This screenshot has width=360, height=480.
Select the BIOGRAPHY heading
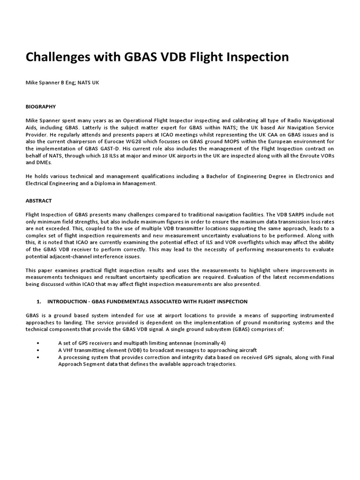[x=41, y=107]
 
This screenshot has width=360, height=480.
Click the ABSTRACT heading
[x=38, y=200]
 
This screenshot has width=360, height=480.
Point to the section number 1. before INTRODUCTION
[x=39, y=301]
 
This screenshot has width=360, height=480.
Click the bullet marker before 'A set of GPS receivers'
[x=37, y=343]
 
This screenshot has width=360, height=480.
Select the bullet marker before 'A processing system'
[x=37, y=357]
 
